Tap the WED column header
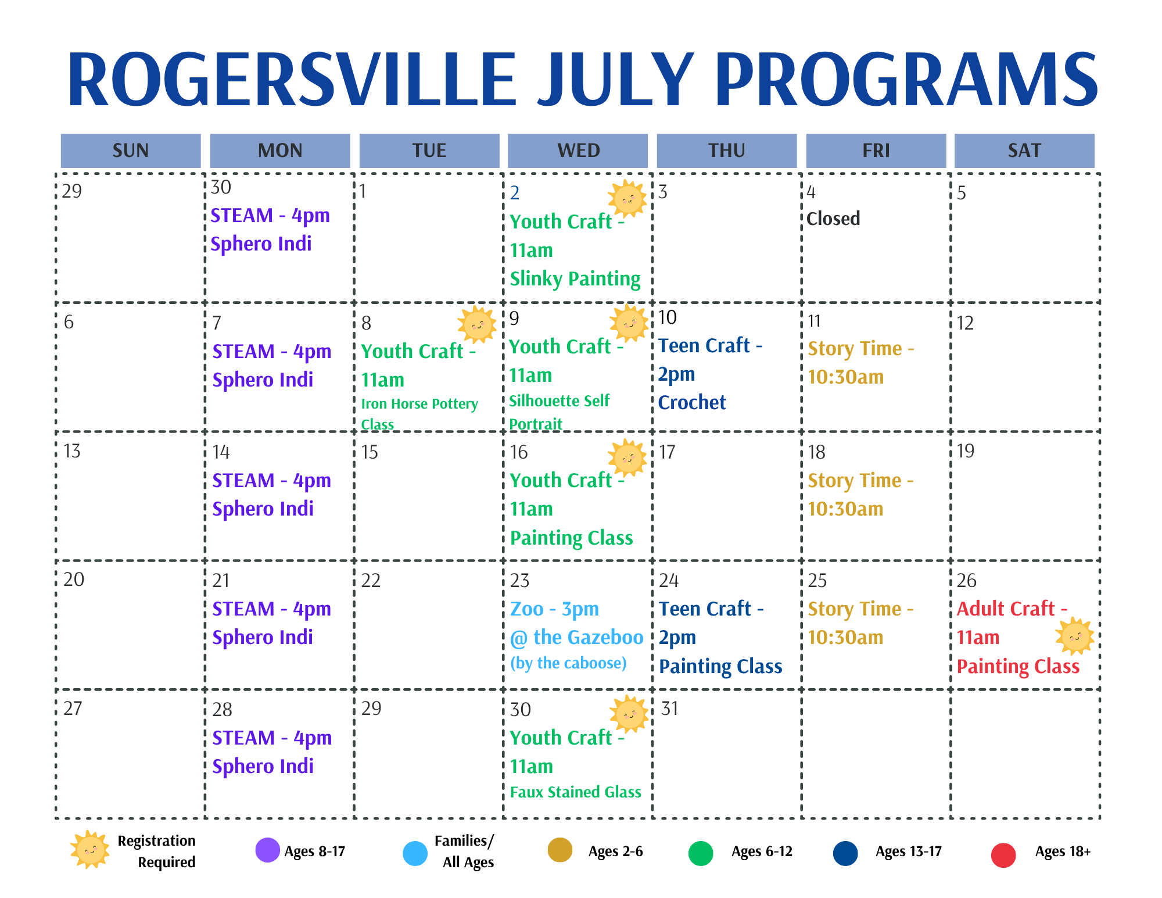578,151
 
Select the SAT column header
1024,151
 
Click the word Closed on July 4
833,219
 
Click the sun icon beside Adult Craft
1074,636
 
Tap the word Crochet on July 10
691,402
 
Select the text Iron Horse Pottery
419,404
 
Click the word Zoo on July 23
526,609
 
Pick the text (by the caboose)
568,663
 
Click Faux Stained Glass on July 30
575,792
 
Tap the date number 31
670,709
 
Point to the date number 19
965,451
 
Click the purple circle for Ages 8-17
268,850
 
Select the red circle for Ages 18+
1003,855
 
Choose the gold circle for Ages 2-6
560,850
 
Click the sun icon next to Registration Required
89,850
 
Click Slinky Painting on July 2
575,279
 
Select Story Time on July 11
855,349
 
